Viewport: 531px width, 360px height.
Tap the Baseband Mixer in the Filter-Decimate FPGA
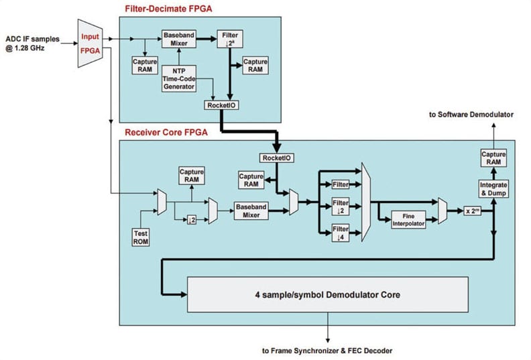click(x=178, y=38)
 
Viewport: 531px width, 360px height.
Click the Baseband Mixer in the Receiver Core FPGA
click(x=251, y=211)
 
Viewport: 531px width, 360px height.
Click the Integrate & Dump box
click(x=494, y=188)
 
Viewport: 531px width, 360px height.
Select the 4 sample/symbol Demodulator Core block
click(x=327, y=293)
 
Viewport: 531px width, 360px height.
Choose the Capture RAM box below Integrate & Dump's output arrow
click(x=494, y=159)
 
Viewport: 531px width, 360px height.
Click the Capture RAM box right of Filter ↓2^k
click(x=256, y=65)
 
